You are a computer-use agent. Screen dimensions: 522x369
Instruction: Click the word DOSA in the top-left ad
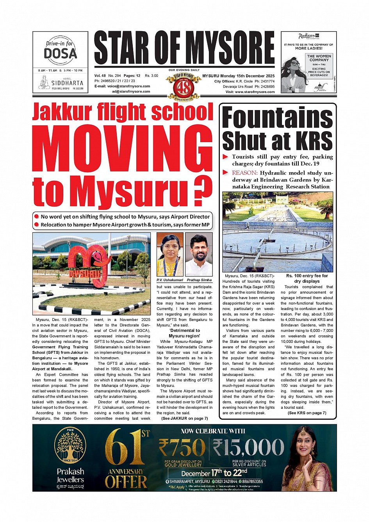tap(60, 53)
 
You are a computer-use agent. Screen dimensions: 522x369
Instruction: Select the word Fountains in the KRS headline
tap(277, 118)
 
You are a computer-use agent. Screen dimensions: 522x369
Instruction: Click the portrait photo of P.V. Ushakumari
tap(170, 254)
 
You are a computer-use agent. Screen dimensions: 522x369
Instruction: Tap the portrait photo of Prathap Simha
tap(199, 254)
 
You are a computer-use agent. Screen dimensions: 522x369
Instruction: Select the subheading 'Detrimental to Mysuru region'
tap(184, 333)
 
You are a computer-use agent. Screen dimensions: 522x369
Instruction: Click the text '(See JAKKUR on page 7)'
tap(184, 418)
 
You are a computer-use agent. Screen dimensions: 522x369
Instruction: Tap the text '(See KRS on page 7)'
tap(307, 413)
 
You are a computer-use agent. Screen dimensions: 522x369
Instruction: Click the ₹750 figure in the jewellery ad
tap(182, 447)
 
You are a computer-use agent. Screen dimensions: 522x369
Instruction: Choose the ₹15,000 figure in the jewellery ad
tap(248, 447)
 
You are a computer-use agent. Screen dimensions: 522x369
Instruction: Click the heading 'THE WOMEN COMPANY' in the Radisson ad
tap(319, 58)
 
